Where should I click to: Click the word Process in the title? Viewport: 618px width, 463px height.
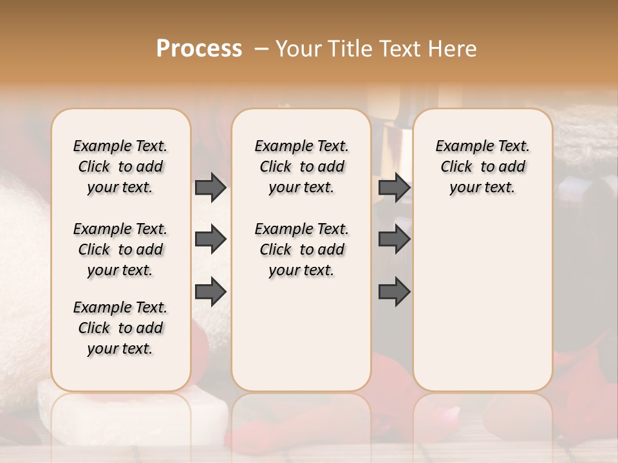click(x=199, y=49)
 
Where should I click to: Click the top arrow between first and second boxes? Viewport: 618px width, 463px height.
click(x=211, y=187)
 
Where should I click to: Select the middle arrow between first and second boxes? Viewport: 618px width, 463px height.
click(x=211, y=239)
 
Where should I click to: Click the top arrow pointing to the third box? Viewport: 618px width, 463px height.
click(x=394, y=187)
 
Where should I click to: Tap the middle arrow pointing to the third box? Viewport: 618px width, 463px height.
click(x=394, y=239)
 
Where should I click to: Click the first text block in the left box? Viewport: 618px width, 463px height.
click(x=120, y=167)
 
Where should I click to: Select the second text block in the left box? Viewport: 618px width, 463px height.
click(x=120, y=250)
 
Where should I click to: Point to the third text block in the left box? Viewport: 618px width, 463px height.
click(x=120, y=328)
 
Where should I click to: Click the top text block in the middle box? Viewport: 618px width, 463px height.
click(x=301, y=167)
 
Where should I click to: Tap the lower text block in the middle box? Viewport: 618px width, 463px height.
click(x=301, y=250)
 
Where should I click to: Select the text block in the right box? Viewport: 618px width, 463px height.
click(x=482, y=167)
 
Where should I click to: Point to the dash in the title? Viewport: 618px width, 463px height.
click(x=261, y=49)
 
